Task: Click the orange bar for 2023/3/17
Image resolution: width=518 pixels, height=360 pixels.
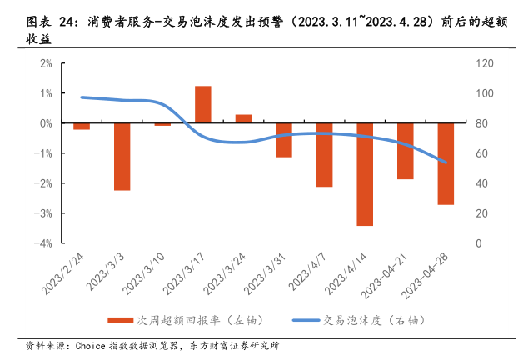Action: pyautogui.click(x=202, y=104)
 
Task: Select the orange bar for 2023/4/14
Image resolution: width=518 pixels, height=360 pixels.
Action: pyautogui.click(x=365, y=174)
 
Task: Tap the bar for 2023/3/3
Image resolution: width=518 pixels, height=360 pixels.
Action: pyautogui.click(x=122, y=157)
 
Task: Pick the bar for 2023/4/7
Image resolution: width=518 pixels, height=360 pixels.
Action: pyautogui.click(x=324, y=155)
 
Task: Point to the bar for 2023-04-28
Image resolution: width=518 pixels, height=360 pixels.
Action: pyautogui.click(x=446, y=163)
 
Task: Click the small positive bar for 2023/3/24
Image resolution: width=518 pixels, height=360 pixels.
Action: pyautogui.click(x=243, y=119)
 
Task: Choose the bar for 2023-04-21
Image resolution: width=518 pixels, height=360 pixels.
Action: pyautogui.click(x=406, y=151)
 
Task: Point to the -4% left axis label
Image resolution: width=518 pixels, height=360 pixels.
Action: pyautogui.click(x=44, y=243)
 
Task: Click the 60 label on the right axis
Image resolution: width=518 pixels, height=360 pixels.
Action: pyautogui.click(x=481, y=153)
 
